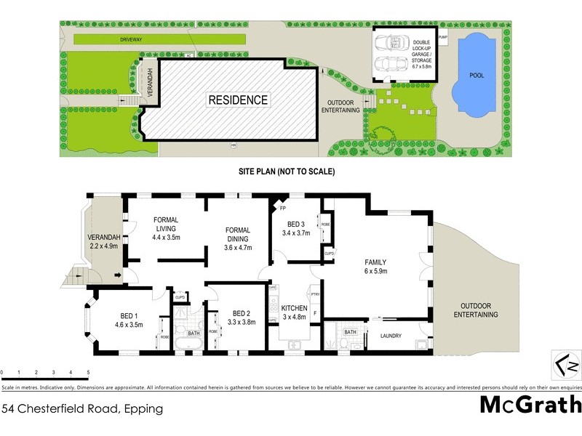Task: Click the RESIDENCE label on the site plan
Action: tap(239, 100)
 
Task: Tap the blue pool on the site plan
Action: tap(477, 74)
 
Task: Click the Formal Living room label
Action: tap(166, 228)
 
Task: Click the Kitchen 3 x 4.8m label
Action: tap(295, 312)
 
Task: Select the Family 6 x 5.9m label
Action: tap(375, 267)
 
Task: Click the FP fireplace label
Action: tap(282, 209)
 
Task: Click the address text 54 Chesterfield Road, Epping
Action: tap(82, 408)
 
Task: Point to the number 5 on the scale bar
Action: tap(89, 372)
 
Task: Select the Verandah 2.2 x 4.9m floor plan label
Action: tap(103, 242)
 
